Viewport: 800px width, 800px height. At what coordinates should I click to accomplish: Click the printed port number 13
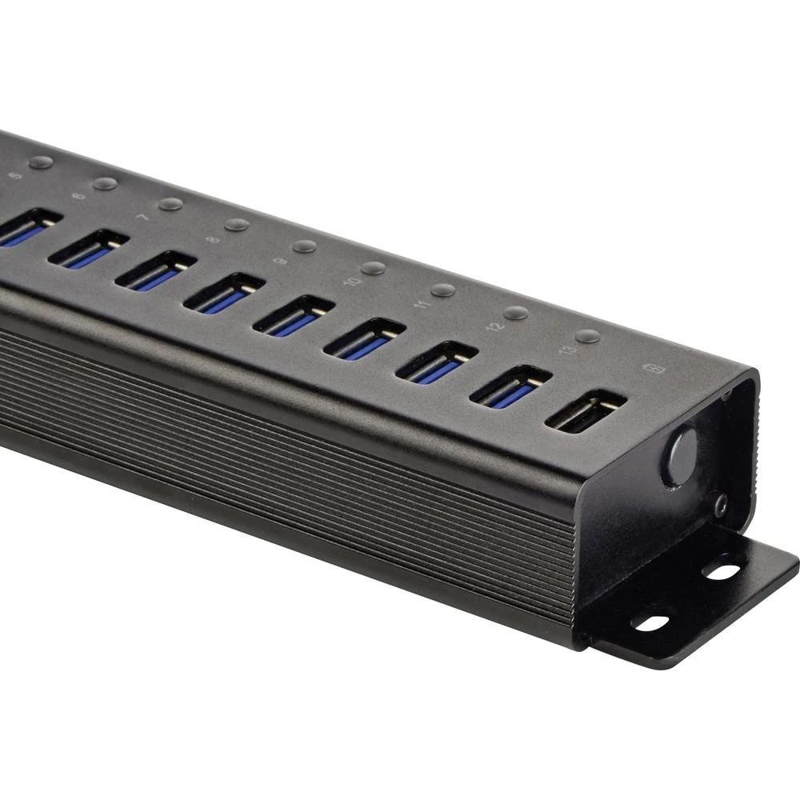(570, 349)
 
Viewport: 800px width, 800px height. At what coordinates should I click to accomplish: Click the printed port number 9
(280, 260)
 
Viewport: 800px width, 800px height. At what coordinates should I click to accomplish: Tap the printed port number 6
(78, 196)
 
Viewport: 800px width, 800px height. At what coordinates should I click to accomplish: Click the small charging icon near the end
(650, 370)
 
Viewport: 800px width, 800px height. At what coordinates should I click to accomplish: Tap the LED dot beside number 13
(588, 336)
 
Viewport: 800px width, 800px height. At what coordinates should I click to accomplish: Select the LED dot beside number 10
(373, 268)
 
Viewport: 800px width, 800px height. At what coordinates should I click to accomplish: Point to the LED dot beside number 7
(170, 204)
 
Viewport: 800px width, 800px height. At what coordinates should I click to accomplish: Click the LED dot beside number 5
(41, 162)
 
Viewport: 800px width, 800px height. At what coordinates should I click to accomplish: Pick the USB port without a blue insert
(586, 411)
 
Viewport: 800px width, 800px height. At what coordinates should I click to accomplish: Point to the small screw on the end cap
(721, 504)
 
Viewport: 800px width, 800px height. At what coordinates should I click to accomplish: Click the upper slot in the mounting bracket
(723, 572)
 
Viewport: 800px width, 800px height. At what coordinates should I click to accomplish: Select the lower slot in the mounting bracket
(650, 622)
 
